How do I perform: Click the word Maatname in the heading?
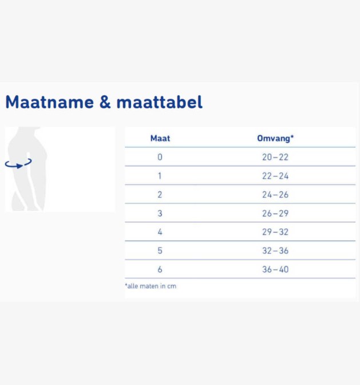(x=49, y=103)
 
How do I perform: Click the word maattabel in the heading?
(x=160, y=103)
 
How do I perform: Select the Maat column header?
(x=160, y=138)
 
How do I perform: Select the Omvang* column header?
(x=275, y=138)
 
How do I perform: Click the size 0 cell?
(x=160, y=157)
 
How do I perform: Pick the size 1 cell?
(x=160, y=176)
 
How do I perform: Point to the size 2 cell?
(x=160, y=195)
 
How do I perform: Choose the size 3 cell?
(x=160, y=213)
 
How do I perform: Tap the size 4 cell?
(x=160, y=232)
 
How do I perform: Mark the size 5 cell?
(x=160, y=250)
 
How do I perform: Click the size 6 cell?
(x=160, y=269)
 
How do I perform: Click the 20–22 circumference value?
(x=275, y=157)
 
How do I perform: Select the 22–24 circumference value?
(x=275, y=176)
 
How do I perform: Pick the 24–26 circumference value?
(x=275, y=195)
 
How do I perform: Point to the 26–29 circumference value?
(x=275, y=213)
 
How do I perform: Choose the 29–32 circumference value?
(x=275, y=232)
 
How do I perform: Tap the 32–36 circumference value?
(x=275, y=250)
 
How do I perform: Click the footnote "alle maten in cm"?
(x=151, y=286)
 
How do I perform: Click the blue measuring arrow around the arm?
(x=18, y=164)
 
